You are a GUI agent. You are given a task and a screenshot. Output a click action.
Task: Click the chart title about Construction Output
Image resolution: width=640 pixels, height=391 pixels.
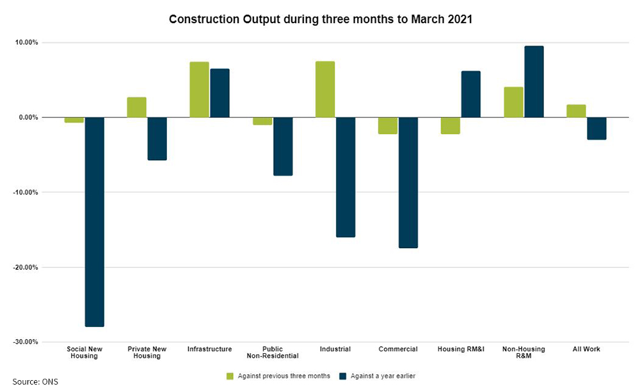pos(320,19)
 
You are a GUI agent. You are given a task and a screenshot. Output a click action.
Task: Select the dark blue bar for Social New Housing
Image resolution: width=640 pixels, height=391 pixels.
pos(94,222)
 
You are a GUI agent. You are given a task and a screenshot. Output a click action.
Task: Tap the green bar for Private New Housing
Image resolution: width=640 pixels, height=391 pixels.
pos(136,107)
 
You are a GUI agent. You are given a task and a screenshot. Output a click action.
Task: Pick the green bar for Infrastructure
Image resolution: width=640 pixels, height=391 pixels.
pos(199,90)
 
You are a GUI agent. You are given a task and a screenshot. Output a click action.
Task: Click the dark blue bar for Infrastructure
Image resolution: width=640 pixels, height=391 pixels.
pos(220,93)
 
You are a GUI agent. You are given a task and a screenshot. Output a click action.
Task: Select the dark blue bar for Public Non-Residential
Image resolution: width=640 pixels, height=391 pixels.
pos(282,146)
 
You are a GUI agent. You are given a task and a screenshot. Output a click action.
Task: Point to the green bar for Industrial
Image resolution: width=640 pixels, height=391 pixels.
pos(324,89)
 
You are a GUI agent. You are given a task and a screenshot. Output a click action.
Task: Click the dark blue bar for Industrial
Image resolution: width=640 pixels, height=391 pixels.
pos(345,177)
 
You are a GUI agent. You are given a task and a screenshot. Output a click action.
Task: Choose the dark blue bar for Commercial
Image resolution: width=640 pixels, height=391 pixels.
pos(408,183)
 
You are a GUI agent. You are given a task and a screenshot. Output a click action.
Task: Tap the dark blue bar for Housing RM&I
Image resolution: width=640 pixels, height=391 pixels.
pos(470,94)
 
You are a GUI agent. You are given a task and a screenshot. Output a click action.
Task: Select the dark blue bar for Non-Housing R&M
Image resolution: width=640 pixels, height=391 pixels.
pos(533,81)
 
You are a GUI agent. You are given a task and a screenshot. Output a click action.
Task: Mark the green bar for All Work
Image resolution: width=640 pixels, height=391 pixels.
pos(575,111)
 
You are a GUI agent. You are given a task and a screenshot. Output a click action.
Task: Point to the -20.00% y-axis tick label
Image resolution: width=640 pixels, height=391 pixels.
pos(24,267)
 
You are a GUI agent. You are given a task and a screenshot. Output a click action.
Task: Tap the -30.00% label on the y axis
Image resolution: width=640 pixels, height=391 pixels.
pos(24,342)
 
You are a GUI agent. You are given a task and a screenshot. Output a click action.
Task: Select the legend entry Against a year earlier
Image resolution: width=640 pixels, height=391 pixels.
pos(380,376)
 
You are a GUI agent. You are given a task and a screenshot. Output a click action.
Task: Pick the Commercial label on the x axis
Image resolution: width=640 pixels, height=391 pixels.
pos(397,349)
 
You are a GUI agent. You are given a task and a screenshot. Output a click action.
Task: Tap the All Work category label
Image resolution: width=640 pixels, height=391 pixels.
pos(586,349)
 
